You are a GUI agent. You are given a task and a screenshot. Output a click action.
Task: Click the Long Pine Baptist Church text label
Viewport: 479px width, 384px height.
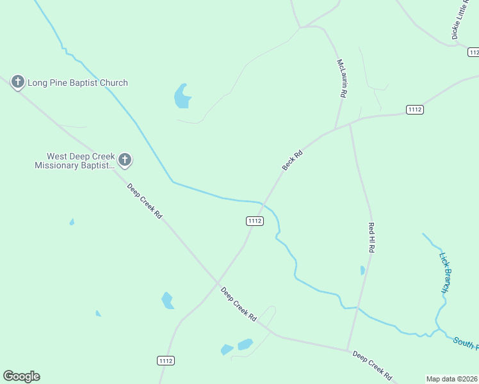tap(77, 83)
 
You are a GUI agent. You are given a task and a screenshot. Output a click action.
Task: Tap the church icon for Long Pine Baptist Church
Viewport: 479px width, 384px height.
tap(18, 82)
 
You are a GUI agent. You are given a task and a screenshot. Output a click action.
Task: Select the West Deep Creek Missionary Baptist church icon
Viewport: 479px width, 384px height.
tap(125, 160)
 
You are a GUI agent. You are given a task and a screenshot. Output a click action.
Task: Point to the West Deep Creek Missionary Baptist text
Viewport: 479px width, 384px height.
tap(74, 161)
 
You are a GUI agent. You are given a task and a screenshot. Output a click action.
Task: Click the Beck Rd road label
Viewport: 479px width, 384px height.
tap(292, 161)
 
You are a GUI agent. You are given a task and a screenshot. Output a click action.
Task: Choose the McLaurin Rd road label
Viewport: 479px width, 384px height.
tap(342, 78)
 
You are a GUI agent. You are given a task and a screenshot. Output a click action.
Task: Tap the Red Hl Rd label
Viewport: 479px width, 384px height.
tap(371, 236)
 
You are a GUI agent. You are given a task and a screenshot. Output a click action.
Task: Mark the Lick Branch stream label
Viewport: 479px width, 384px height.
tap(446, 273)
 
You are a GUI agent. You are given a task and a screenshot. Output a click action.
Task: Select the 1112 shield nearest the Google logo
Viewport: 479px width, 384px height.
tap(165, 361)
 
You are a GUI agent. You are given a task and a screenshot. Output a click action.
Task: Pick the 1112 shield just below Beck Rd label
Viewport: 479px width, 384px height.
tap(254, 221)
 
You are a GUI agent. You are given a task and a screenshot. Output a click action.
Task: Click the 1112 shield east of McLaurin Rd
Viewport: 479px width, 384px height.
tap(414, 110)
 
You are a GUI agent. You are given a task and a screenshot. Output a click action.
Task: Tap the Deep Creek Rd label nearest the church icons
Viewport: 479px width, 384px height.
tap(144, 202)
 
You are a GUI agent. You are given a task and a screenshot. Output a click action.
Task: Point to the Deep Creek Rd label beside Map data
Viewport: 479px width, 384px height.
tap(371, 365)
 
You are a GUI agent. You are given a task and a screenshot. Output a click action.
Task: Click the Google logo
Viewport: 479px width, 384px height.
tap(21, 376)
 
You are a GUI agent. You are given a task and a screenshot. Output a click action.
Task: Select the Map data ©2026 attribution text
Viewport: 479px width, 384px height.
tap(452, 379)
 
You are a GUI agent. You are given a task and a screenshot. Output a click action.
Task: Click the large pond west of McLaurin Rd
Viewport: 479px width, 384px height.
tap(182, 97)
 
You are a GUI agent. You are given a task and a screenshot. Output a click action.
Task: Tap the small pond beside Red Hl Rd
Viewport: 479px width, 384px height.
tap(362, 270)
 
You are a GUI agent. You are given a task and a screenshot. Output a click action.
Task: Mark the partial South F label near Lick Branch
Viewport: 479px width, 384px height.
tap(466, 342)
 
